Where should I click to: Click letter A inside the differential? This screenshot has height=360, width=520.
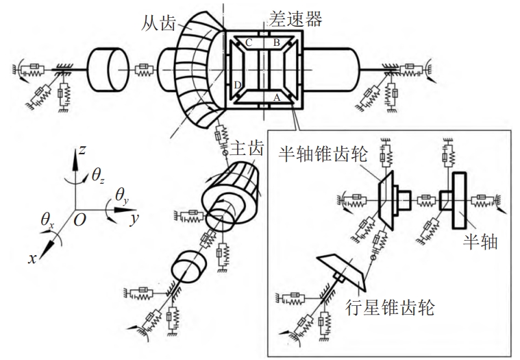(277, 97)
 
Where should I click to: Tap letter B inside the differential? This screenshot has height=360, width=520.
(277, 43)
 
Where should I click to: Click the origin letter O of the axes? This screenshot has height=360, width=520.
(80, 218)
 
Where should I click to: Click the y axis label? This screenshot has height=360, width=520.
(134, 220)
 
